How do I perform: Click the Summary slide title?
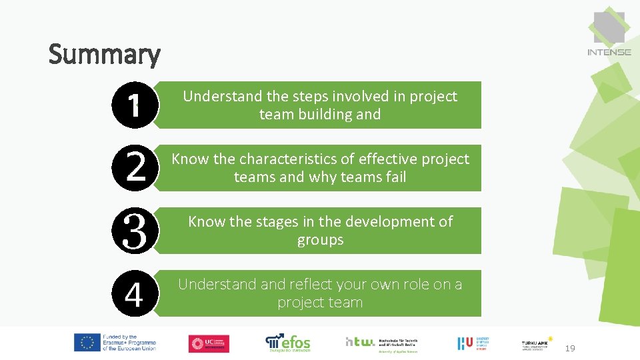coord(105,55)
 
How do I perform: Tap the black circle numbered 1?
coord(135,105)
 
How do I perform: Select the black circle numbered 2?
coord(135,167)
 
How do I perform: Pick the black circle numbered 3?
coord(135,230)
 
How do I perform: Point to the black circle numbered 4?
coord(135,293)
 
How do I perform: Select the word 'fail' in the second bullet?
coord(393,177)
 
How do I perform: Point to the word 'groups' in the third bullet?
coord(320,239)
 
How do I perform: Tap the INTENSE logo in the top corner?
coord(609,33)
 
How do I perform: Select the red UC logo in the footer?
coord(209,343)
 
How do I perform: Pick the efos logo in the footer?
coord(288,343)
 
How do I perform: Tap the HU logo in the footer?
coord(473,343)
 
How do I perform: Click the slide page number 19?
coord(570,349)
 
